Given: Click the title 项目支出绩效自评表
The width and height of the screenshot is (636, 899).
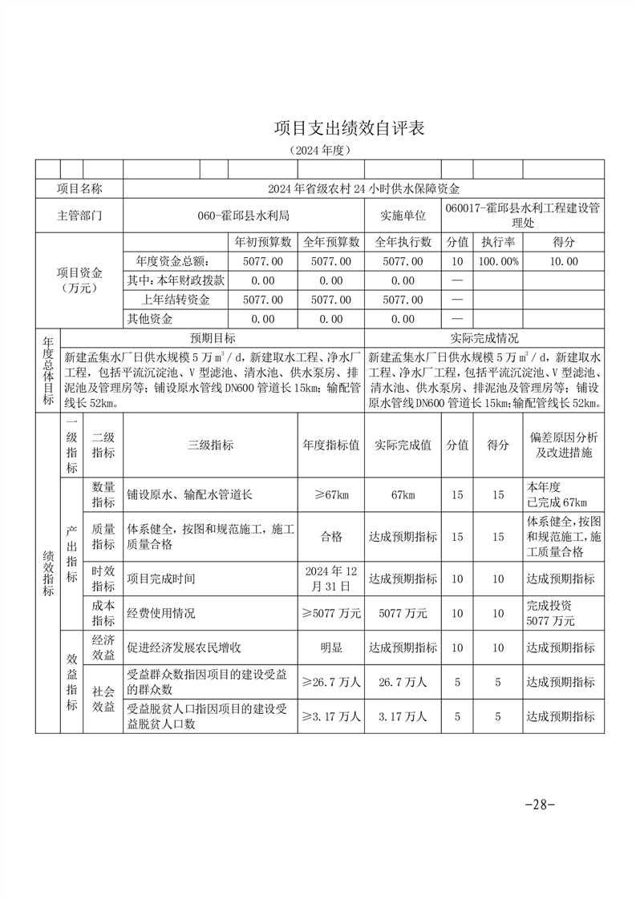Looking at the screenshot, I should click(348, 127).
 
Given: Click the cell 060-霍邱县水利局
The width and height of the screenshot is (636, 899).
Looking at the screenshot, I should click(244, 216).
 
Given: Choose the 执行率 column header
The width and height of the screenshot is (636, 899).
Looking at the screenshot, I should click(498, 242).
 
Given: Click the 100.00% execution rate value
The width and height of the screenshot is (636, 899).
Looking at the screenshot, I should click(498, 261).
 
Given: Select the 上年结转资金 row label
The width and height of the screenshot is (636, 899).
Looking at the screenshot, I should click(176, 300).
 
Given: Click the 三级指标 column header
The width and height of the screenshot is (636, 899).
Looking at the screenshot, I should click(210, 445).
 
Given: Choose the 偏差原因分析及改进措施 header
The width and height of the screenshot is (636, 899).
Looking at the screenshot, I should click(563, 445).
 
